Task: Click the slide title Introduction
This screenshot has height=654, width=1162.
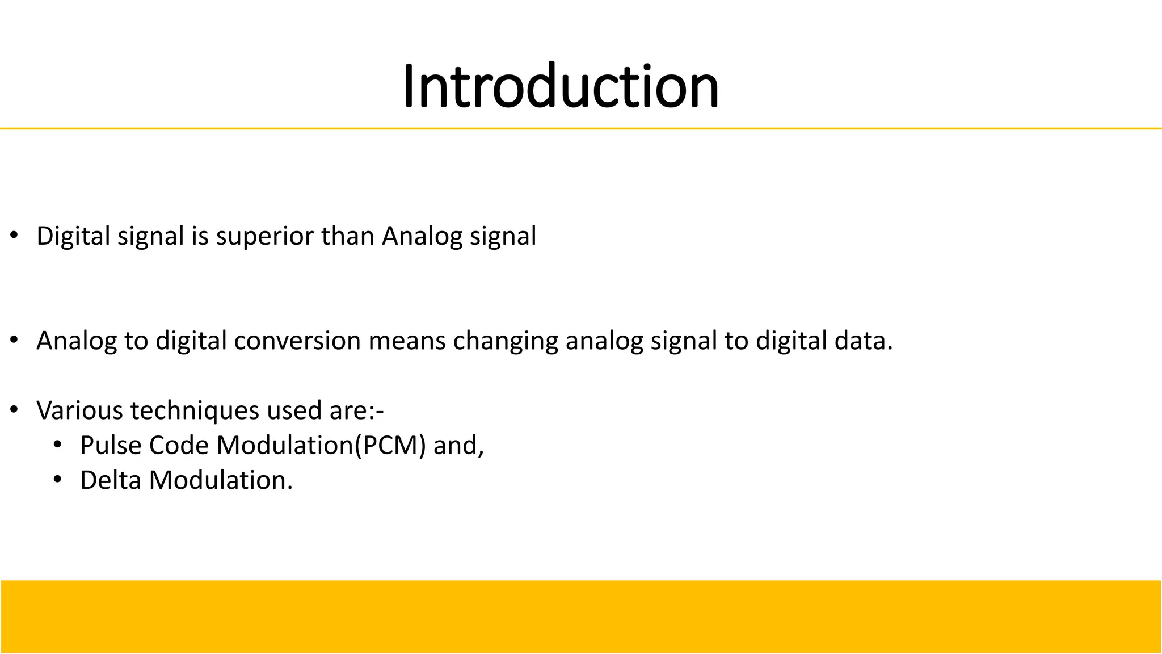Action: [x=561, y=86]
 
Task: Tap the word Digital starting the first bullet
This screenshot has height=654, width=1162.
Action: [x=73, y=236]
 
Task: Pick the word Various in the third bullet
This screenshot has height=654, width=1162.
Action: [x=79, y=410]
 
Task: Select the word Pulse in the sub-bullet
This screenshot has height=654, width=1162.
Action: [x=111, y=445]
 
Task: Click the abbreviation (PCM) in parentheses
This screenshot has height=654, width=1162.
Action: [x=390, y=445]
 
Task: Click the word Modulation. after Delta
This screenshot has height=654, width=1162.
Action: [x=221, y=480]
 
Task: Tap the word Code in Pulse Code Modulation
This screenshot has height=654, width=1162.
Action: [x=179, y=445]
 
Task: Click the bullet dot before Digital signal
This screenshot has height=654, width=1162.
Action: [x=14, y=235]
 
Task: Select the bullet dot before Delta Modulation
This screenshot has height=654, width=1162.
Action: [x=57, y=480]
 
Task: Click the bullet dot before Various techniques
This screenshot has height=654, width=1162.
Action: [x=14, y=409]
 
